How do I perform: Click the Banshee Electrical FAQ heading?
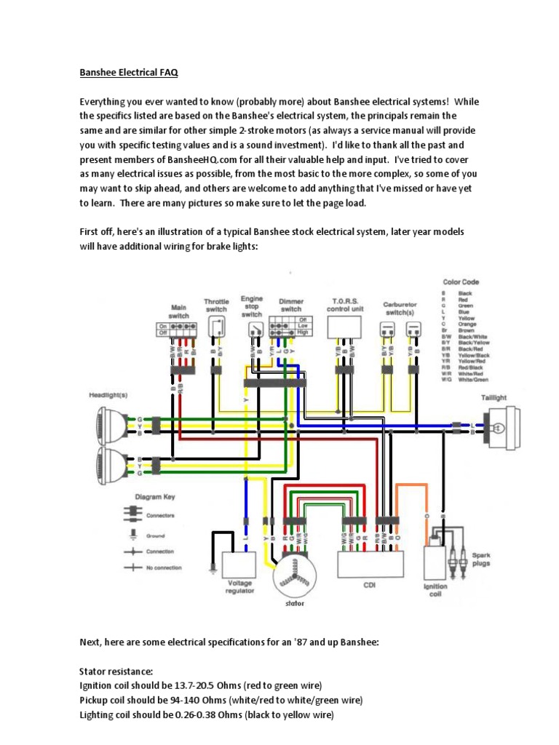tap(128, 73)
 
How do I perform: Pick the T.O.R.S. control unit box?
tap(345, 328)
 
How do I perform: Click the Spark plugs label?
tap(480, 559)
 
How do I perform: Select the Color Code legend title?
tap(461, 282)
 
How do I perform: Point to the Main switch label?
tap(178, 311)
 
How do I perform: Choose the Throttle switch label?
tap(216, 305)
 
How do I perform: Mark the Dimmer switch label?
tap(291, 304)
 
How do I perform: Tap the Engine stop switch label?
tap(252, 306)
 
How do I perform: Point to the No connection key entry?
tap(163, 567)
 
